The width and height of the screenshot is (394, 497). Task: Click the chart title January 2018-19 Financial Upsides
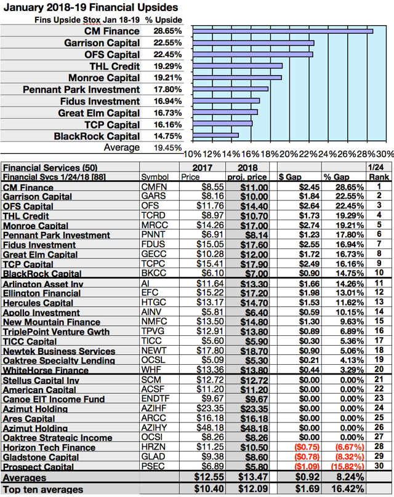pos(90,7)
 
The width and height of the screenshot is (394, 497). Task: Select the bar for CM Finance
pos(283,30)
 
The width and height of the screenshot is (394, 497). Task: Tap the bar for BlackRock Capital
pos(215,135)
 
